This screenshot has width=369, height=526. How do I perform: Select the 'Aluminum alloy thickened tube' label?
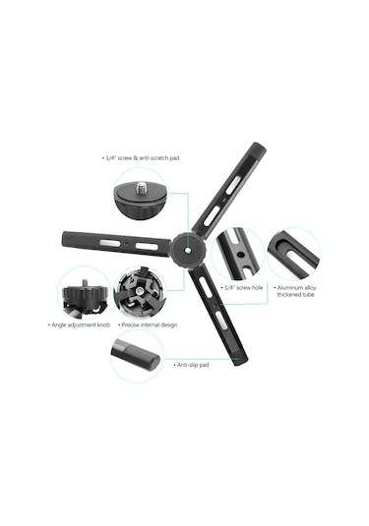pyautogui.click(x=297, y=292)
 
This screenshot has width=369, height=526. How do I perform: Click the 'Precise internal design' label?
pyautogui.click(x=148, y=324)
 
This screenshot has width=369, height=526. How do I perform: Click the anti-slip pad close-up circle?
pyautogui.click(x=136, y=355)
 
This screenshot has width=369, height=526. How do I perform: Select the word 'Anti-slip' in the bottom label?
pyautogui.click(x=185, y=365)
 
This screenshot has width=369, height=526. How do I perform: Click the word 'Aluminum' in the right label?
pyautogui.click(x=294, y=288)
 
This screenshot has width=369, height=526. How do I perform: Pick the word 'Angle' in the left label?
pyautogui.click(x=60, y=324)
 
